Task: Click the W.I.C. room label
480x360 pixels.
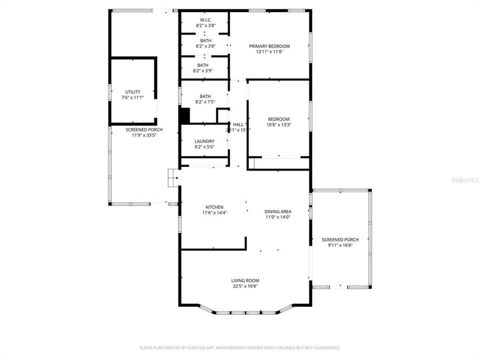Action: tap(205, 20)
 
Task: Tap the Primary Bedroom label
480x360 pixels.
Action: tap(269, 46)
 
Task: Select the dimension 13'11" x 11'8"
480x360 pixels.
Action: tap(269, 51)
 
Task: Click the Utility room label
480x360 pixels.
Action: tap(132, 92)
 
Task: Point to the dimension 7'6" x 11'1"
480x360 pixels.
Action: tap(132, 97)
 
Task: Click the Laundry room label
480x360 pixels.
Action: tap(204, 141)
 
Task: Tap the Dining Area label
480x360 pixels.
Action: tap(278, 211)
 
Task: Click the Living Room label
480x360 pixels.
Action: tap(245, 280)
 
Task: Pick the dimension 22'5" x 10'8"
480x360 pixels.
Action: tap(245, 286)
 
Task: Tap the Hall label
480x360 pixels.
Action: tap(238, 124)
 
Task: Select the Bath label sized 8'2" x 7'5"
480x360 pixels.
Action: tap(205, 96)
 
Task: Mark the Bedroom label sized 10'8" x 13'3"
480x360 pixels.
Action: tap(278, 119)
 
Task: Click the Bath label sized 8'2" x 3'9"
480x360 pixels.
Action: tap(203, 65)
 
